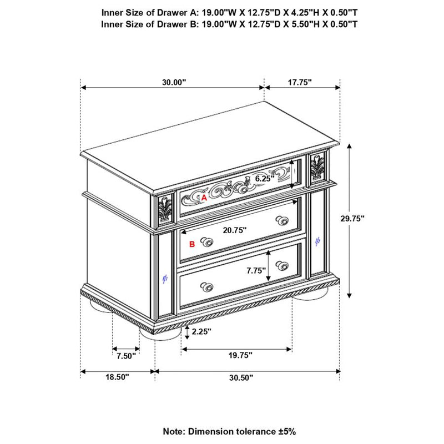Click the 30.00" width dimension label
pyautogui.click(x=174, y=82)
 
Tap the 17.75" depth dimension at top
pyautogui.click(x=300, y=82)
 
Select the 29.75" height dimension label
pyautogui.click(x=352, y=218)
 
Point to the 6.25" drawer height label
pyautogui.click(x=265, y=178)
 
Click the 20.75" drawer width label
pyautogui.click(x=235, y=230)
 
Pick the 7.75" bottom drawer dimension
pyautogui.click(x=256, y=270)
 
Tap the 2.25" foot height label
pyautogui.click(x=201, y=331)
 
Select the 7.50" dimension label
pyautogui.click(x=127, y=356)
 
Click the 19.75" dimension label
pyautogui.click(x=240, y=355)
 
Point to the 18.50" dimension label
pyautogui.click(x=117, y=377)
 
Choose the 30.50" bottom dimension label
pyautogui.click(x=241, y=377)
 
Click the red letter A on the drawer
pyautogui.click(x=204, y=198)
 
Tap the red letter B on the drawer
pyautogui.click(x=192, y=244)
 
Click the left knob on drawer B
pyautogui.click(x=207, y=242)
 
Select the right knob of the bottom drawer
pyautogui.click(x=282, y=265)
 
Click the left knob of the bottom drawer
pyautogui.click(x=207, y=287)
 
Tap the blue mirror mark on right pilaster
pyautogui.click(x=317, y=241)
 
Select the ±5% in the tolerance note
pyautogui.click(x=286, y=432)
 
